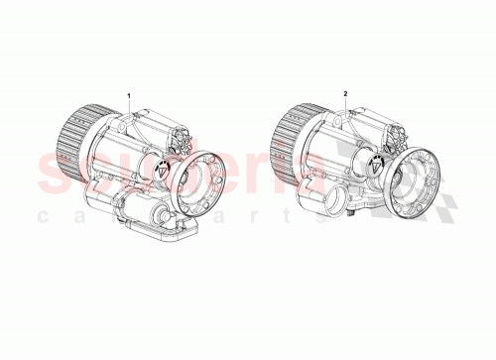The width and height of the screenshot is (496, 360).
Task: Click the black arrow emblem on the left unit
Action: tap(159, 169)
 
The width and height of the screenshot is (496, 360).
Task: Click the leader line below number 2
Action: tap(345, 107)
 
